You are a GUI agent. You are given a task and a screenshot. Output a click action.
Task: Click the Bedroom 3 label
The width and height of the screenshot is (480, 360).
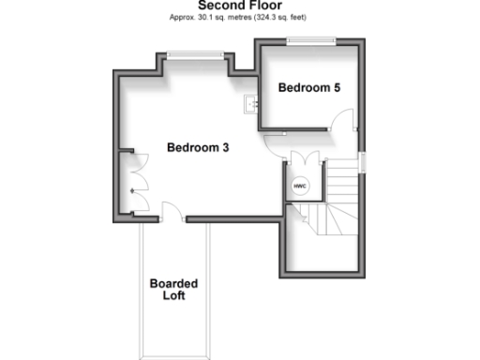198,148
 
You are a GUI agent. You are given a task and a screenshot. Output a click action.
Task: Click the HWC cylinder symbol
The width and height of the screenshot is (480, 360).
301,185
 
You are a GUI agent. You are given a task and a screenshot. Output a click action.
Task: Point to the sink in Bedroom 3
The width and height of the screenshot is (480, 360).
250,104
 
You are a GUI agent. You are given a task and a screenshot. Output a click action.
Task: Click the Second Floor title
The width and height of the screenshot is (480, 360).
240,6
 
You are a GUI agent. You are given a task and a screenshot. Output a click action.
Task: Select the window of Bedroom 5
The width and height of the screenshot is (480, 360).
310,39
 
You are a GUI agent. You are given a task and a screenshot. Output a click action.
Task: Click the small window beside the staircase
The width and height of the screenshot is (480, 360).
364,161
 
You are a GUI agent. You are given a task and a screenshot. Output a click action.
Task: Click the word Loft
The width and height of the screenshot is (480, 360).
173,295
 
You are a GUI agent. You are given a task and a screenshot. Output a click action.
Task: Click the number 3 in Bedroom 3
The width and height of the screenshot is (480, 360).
226,148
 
